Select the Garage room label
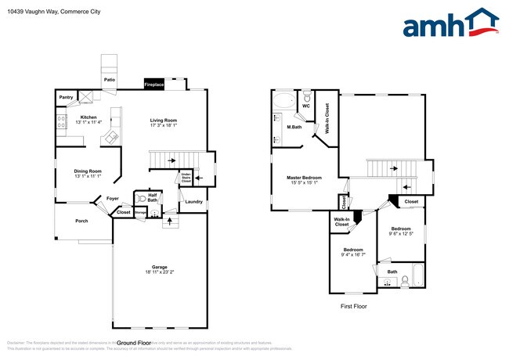[x=160, y=267]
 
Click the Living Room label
[x=164, y=120]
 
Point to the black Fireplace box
[x=153, y=84]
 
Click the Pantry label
[x=66, y=97]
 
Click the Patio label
[x=110, y=79]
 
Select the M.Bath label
[x=294, y=127]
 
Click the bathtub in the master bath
[x=284, y=101]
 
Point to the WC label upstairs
[x=307, y=106]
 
